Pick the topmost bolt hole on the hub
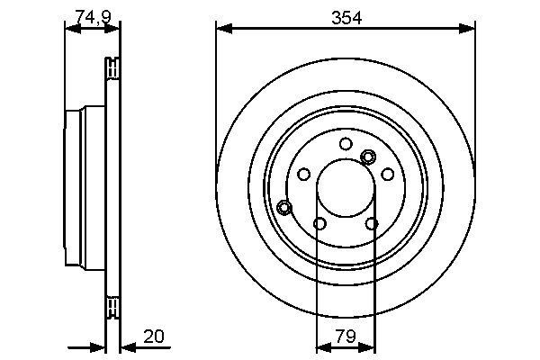pos(346,144)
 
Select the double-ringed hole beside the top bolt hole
pos(367,157)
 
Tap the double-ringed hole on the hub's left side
pos(284,208)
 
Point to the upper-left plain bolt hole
pos(303,174)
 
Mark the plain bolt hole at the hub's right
pos(389,174)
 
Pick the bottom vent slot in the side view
pos(112,307)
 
